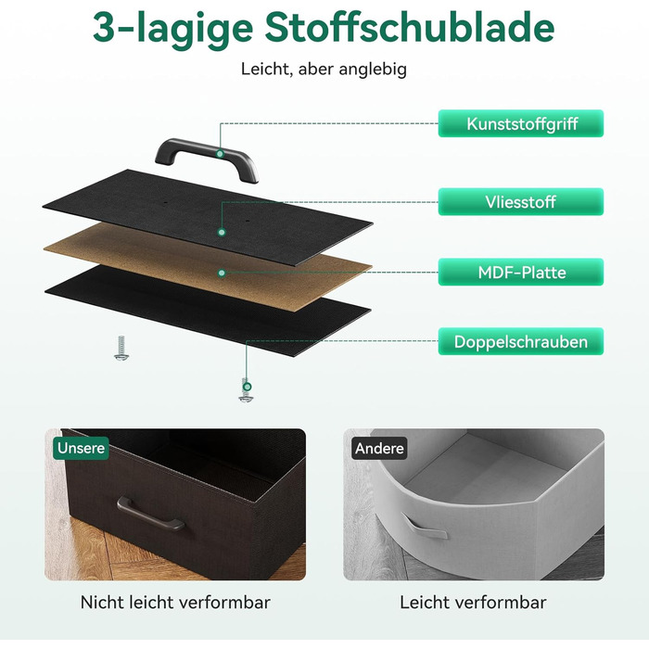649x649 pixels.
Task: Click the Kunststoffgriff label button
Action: pyautogui.click(x=521, y=123)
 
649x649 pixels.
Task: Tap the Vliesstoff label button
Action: pyautogui.click(x=521, y=202)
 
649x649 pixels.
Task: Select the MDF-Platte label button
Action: pyautogui.click(x=521, y=272)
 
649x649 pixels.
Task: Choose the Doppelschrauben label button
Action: pyautogui.click(x=521, y=341)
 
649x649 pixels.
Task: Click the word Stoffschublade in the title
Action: pyautogui.click(x=410, y=26)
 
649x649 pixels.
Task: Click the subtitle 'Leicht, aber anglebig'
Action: pyautogui.click(x=324, y=69)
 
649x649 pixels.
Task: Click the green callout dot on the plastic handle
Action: pyautogui.click(x=221, y=154)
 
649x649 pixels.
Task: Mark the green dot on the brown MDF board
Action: pyautogui.click(x=222, y=273)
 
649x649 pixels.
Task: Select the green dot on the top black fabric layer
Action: pyautogui.click(x=222, y=232)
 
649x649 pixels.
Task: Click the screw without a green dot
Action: pyautogui.click(x=121, y=348)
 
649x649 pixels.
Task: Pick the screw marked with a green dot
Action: pyautogui.click(x=246, y=390)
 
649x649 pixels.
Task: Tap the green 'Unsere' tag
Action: pyautogui.click(x=82, y=448)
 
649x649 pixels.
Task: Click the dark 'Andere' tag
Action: pyautogui.click(x=379, y=448)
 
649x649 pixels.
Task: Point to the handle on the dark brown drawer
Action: pyautogui.click(x=150, y=514)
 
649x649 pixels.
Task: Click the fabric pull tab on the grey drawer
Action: pyautogui.click(x=424, y=526)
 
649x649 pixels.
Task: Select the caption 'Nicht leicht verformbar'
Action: pyautogui.click(x=175, y=603)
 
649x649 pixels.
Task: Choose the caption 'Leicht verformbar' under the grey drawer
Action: pyautogui.click(x=473, y=603)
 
